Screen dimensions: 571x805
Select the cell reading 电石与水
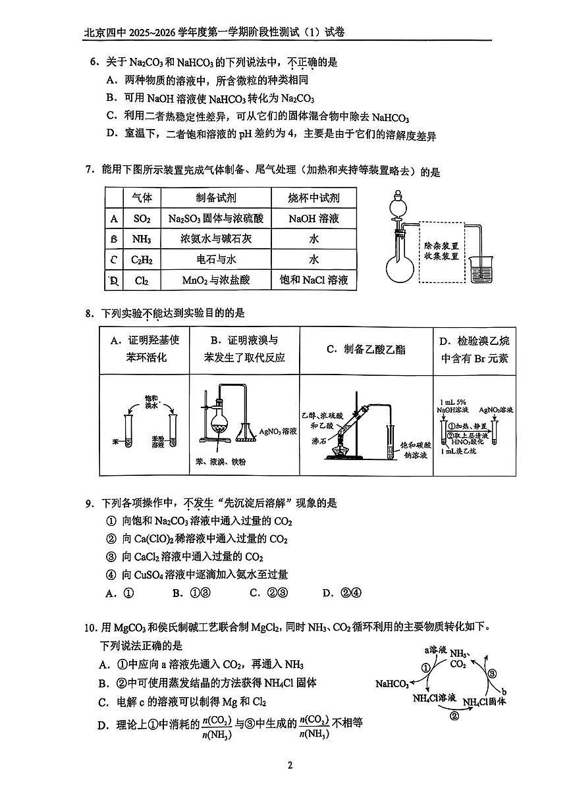(215, 260)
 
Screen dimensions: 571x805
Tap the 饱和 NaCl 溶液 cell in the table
(313, 280)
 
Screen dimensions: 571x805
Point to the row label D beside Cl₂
(115, 280)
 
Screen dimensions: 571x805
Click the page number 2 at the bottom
(289, 765)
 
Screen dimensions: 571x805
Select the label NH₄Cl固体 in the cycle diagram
(484, 702)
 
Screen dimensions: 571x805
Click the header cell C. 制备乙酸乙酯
(366, 350)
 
